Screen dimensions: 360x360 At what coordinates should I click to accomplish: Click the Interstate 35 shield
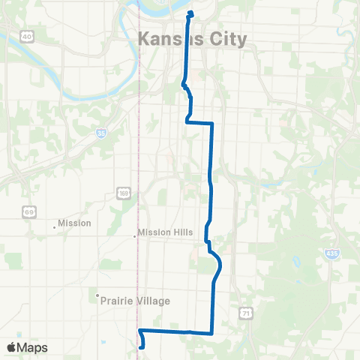click(100, 133)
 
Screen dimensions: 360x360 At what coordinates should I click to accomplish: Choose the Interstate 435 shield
click(331, 254)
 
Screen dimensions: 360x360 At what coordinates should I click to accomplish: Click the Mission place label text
click(74, 223)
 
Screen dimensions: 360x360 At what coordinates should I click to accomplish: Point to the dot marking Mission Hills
click(135, 235)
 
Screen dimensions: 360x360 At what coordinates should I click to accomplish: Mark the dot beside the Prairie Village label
click(98, 295)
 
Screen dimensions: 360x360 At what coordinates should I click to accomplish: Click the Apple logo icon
click(12, 347)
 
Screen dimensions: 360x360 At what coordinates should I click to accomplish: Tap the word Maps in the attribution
click(33, 347)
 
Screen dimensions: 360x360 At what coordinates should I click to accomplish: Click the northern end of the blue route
click(190, 12)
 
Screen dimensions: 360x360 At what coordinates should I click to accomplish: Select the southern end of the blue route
click(142, 346)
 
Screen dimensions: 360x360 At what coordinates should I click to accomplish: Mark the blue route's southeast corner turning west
click(212, 332)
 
